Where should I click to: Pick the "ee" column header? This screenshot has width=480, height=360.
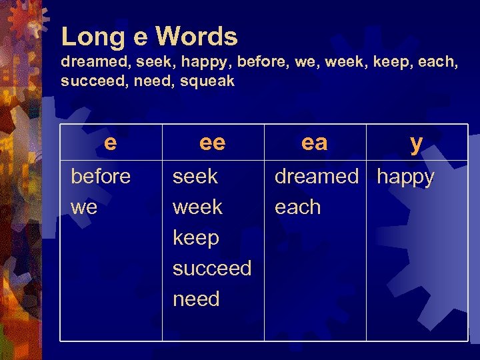[213, 142]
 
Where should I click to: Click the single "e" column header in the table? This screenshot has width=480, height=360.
[111, 142]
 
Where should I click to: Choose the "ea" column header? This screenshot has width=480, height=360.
[315, 142]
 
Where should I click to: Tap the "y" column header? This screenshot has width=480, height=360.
[416, 143]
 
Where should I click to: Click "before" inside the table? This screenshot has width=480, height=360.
[101, 177]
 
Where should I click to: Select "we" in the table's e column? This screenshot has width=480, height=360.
[84, 207]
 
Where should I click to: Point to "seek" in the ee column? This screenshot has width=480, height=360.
[195, 177]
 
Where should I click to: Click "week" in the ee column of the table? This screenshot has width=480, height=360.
[197, 207]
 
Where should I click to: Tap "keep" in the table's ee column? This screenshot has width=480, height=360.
[195, 238]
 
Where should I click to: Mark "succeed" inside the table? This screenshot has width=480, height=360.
[212, 269]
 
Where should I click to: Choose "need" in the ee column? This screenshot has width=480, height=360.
[196, 299]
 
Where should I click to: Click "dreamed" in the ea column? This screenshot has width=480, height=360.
[317, 177]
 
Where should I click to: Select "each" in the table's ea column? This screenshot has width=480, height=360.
[297, 207]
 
